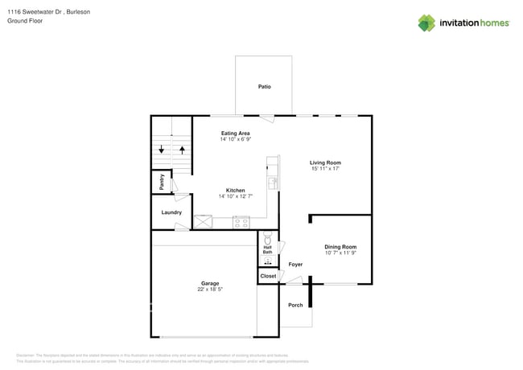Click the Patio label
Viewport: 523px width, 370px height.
[x=264, y=86]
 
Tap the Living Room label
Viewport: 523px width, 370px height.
[x=325, y=162]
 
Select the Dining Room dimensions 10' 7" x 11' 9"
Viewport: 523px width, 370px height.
[x=340, y=253]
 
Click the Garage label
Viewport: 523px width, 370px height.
[x=210, y=283]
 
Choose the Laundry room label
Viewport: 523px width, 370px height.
[x=171, y=212]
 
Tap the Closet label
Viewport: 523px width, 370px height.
[x=268, y=276]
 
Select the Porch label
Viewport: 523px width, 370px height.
[x=295, y=304]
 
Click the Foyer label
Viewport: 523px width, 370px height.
[x=295, y=264]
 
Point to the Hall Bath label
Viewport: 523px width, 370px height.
[x=267, y=250]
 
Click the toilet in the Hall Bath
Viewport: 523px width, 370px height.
[x=267, y=239]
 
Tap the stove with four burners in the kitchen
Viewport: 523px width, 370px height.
[x=241, y=221]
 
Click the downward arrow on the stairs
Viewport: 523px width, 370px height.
[x=162, y=149]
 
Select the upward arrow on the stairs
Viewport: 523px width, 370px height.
[x=183, y=149]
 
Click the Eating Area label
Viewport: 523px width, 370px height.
[x=235, y=133]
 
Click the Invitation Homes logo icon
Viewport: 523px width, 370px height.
[x=426, y=23]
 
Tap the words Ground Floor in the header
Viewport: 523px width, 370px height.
[x=24, y=21]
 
